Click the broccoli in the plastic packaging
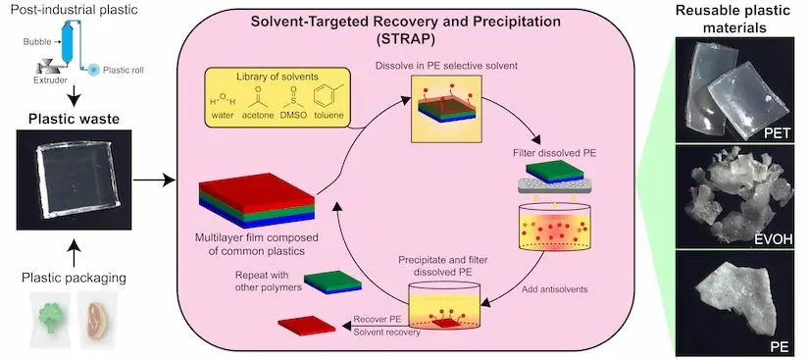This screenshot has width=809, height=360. pos(48,316)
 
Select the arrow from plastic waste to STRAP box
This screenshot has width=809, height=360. pos(154,180)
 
